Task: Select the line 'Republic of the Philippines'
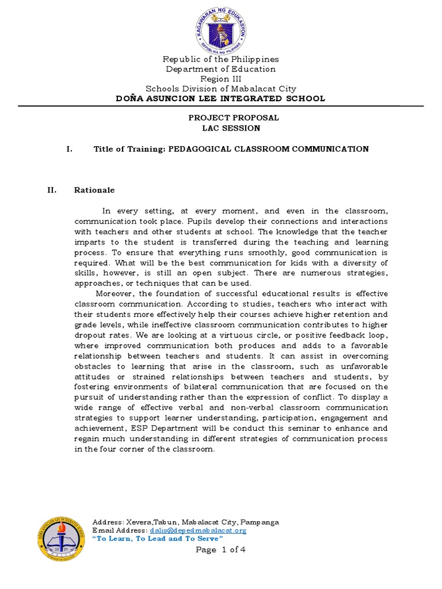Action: tap(221, 59)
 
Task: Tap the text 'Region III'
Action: tap(221, 79)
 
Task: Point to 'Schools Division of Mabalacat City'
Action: tap(221, 89)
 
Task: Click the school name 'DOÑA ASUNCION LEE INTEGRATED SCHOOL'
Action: tap(221, 98)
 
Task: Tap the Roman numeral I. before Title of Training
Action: tap(69, 149)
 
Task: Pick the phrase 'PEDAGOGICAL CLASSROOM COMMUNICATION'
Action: tap(268, 149)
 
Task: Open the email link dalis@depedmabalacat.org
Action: tap(197, 530)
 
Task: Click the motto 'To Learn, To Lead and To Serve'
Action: tap(158, 538)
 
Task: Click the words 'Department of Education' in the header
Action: tap(221, 69)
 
